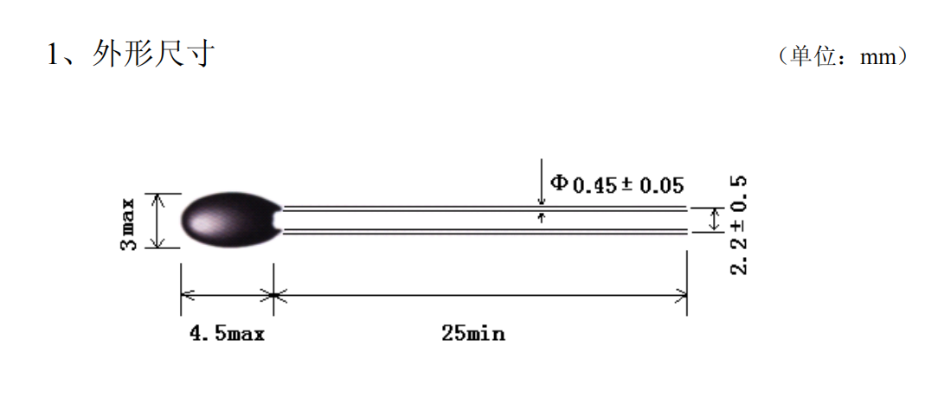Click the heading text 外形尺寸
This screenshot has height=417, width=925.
point(153,55)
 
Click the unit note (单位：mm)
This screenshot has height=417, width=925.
point(843,56)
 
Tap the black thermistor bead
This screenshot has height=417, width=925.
point(231,220)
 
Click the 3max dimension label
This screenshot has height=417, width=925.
point(129,225)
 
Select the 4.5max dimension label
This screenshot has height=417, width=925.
point(227,335)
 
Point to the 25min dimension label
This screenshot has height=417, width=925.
point(473,335)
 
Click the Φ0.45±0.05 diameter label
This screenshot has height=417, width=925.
point(617,184)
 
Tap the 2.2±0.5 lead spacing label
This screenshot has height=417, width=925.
point(739,225)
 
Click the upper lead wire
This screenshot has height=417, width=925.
point(485,208)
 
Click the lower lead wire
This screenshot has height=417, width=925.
point(485,232)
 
